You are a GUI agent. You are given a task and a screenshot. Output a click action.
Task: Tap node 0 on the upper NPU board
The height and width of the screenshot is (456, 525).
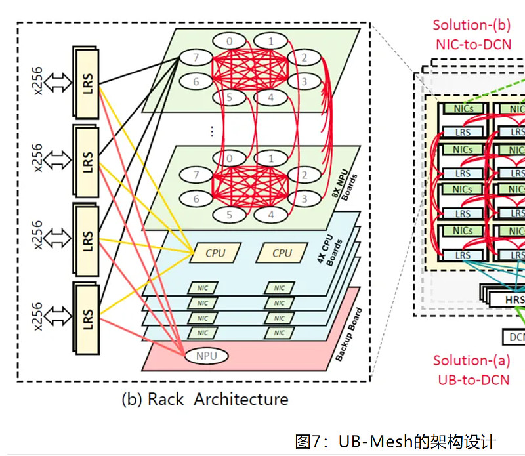[229, 41]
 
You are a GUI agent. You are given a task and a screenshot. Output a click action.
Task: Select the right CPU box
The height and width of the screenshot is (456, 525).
[282, 253]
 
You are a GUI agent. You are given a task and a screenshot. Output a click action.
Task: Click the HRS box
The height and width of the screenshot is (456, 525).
[512, 299]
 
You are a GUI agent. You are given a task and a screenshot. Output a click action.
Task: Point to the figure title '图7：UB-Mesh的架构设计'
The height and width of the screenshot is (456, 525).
[396, 441]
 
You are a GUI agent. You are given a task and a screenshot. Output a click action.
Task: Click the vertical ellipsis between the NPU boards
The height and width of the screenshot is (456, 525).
[212, 131]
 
